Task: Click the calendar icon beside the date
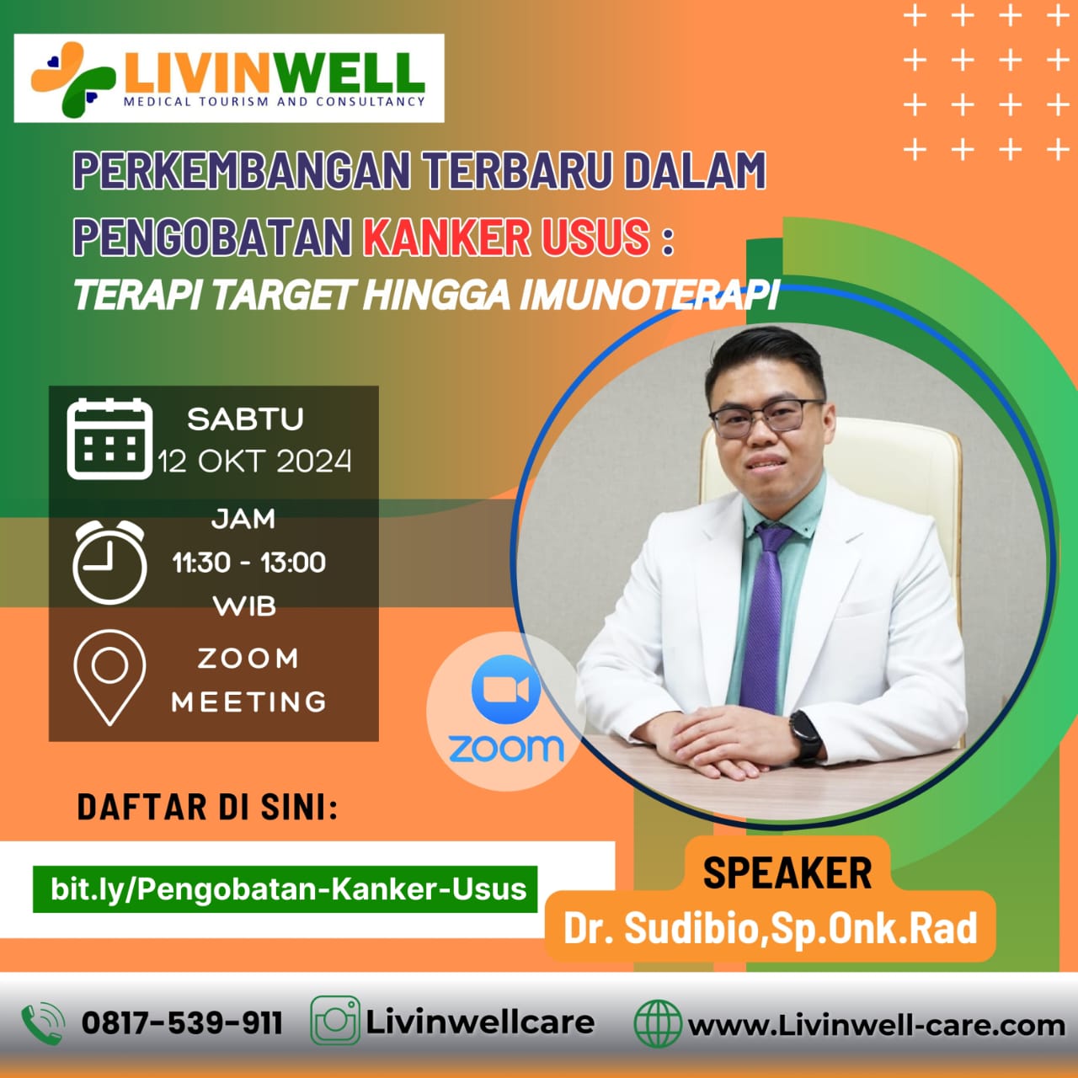point(109,439)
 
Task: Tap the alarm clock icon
point(109,562)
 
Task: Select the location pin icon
point(109,677)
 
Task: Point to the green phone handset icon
point(43,1023)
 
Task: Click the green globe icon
point(658,1023)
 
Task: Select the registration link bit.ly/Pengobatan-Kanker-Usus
point(288,889)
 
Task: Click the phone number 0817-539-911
point(183,1023)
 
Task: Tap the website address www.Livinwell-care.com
point(877,1025)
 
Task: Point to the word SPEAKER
point(787,873)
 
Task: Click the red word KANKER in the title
point(446,237)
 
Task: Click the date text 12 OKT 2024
point(254,462)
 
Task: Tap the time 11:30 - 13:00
point(249,562)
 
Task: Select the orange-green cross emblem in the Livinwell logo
point(72,79)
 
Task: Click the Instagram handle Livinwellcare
point(480,1022)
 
